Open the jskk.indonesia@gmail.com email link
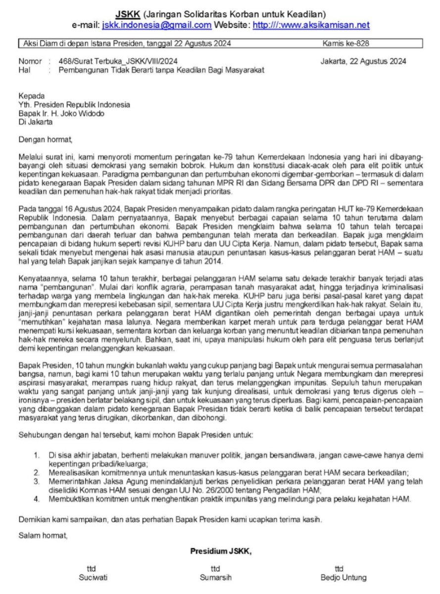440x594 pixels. [157, 25]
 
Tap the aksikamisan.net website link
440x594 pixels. [311, 25]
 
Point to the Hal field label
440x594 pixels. [24, 70]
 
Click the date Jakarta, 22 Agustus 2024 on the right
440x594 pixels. [363, 61]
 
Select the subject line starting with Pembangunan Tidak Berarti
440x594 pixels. [161, 70]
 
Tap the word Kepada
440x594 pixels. [31, 96]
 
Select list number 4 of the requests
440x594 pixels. [37, 499]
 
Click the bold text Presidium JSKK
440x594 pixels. [221, 551]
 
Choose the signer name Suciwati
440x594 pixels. [91, 577]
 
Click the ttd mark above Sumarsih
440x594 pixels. [215, 569]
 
